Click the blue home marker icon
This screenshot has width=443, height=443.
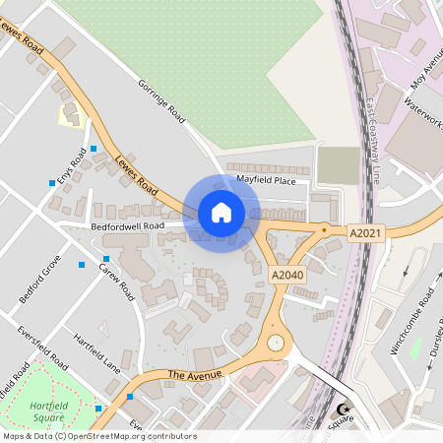point(221,213)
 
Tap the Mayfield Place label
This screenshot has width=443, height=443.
point(266,180)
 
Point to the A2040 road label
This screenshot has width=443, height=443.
point(287,275)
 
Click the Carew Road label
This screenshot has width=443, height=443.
point(115,282)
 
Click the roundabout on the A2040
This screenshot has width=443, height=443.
point(278,344)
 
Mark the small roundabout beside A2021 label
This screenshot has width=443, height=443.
point(323,230)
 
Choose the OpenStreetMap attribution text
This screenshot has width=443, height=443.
point(99,436)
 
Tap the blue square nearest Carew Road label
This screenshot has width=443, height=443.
point(106,259)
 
